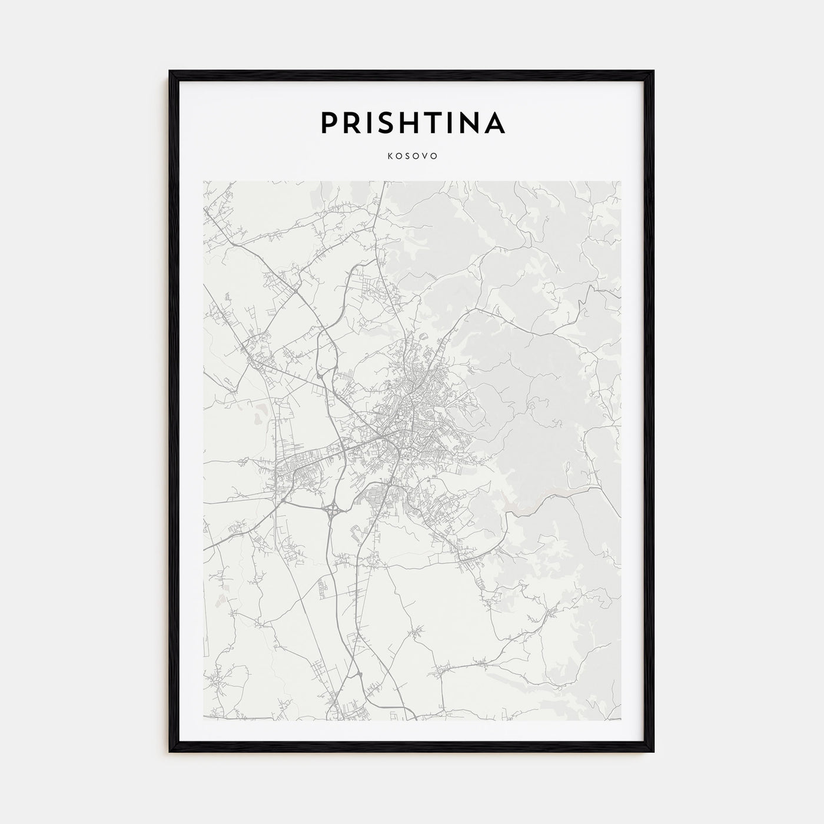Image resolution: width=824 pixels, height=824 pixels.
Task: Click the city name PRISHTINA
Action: point(412,122)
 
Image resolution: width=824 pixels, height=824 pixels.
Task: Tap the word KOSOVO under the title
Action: point(412,157)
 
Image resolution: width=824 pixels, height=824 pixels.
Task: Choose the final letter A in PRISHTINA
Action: point(494,122)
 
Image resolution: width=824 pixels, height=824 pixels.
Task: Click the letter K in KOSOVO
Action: point(389,157)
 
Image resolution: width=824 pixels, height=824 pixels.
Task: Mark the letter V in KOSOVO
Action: point(426,157)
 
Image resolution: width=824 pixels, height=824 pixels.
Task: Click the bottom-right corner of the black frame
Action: point(653,752)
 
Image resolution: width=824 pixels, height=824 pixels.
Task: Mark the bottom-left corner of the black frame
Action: point(171,752)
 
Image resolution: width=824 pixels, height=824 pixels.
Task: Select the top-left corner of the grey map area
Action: point(204,181)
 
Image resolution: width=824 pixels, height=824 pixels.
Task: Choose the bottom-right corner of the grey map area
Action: point(620,719)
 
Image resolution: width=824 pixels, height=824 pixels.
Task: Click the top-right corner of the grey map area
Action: point(620,181)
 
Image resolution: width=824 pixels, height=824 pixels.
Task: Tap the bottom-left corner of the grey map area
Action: point(204,719)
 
